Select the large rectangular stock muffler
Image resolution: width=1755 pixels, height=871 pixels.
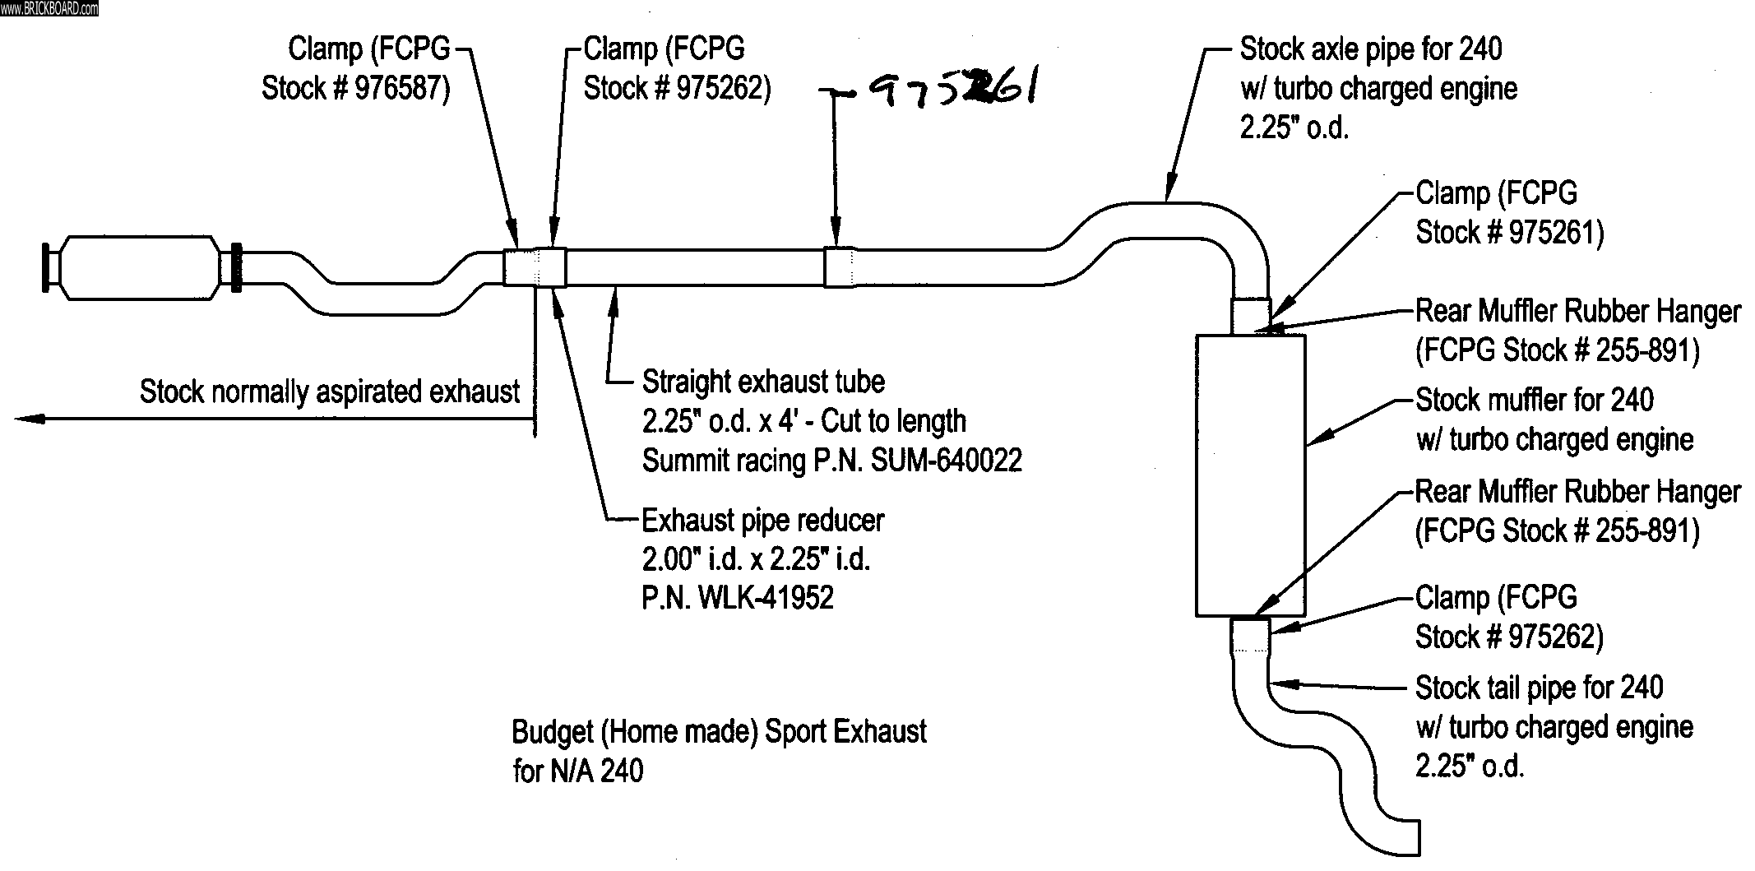click(x=1250, y=475)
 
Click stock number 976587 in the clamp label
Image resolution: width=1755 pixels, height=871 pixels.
click(x=401, y=89)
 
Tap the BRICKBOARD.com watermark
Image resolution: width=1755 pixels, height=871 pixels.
click(x=49, y=8)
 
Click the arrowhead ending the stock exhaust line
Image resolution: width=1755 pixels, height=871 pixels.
click(x=29, y=419)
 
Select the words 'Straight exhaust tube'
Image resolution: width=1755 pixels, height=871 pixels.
click(x=762, y=382)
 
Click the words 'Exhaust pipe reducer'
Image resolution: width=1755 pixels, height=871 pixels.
click(x=762, y=521)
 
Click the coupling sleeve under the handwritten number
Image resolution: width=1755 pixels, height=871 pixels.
click(x=838, y=266)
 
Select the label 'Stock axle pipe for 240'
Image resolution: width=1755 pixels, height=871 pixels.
click(x=1370, y=49)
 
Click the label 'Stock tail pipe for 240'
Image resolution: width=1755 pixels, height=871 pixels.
click(x=1539, y=688)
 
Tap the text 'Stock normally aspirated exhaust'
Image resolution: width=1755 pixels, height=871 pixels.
click(x=329, y=391)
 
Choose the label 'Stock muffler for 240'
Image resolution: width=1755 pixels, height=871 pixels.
click(x=1534, y=401)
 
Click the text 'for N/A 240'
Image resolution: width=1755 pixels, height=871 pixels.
click(x=577, y=771)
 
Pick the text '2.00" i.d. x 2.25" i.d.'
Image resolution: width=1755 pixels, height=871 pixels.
click(x=755, y=559)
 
